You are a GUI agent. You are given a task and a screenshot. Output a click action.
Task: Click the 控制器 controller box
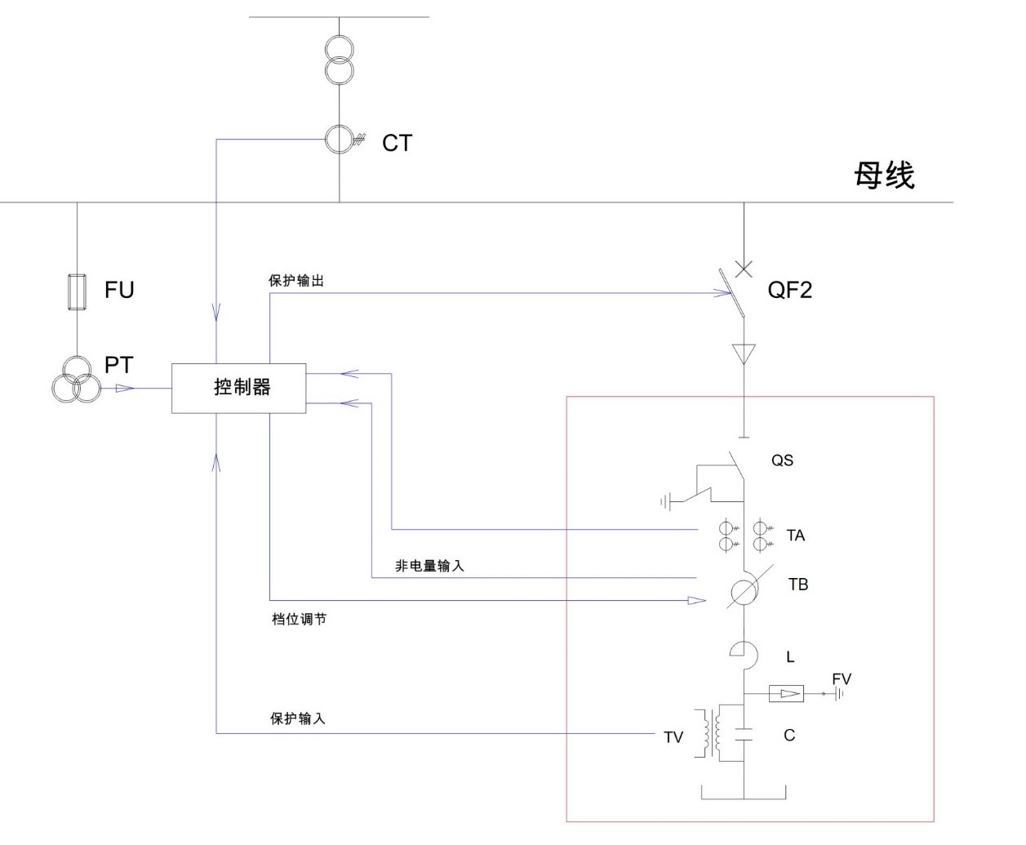pyautogui.click(x=238, y=388)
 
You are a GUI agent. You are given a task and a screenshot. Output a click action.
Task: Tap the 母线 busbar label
pyautogui.click(x=884, y=176)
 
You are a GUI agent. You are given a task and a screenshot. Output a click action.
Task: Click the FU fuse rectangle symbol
pyautogui.click(x=77, y=292)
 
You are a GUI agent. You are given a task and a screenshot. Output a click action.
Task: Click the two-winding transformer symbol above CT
pyautogui.click(x=339, y=60)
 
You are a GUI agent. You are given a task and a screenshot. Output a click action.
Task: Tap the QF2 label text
pyautogui.click(x=789, y=290)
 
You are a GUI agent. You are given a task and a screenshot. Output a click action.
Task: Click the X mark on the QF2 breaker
pyautogui.click(x=744, y=269)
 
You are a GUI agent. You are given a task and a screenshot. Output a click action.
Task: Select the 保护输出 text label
pyautogui.click(x=296, y=281)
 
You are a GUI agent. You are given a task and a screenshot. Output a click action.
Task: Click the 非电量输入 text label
pyautogui.click(x=429, y=566)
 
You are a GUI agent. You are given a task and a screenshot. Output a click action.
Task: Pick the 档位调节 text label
pyautogui.click(x=299, y=620)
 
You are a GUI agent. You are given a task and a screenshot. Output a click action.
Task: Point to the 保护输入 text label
pyautogui.click(x=298, y=718)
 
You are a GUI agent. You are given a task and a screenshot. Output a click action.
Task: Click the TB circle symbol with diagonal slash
pyautogui.click(x=744, y=592)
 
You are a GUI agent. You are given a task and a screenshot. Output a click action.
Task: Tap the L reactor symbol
pyautogui.click(x=744, y=652)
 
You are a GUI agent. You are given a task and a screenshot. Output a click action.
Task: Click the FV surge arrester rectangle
pyautogui.click(x=787, y=694)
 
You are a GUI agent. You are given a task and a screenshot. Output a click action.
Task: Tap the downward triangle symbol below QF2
pyautogui.click(x=744, y=354)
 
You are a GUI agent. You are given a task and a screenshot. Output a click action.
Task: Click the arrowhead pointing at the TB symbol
pyautogui.click(x=696, y=601)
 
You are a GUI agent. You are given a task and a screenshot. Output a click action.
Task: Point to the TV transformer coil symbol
pyautogui.click(x=709, y=734)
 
